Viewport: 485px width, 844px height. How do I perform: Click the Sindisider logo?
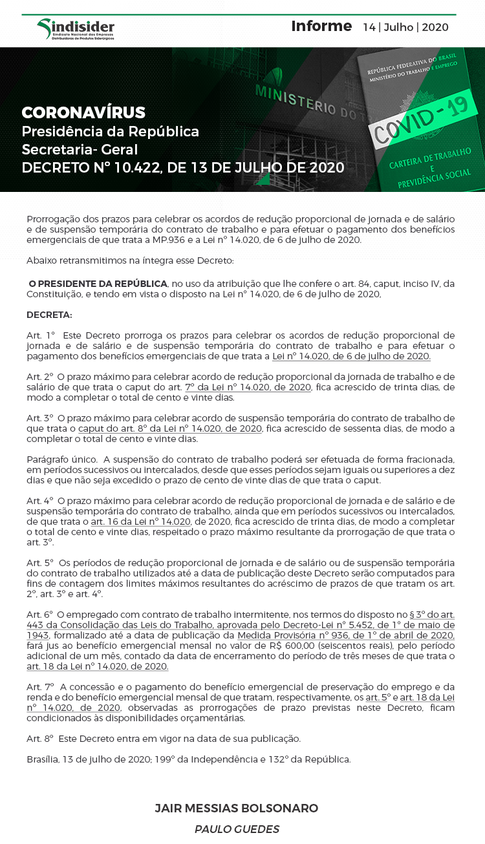tap(76, 29)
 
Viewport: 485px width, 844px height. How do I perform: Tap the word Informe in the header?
tap(321, 26)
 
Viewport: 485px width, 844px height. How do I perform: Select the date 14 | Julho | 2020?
tap(405, 27)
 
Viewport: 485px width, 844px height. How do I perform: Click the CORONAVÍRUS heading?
tap(83, 112)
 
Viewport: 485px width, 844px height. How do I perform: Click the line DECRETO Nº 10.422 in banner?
tap(183, 168)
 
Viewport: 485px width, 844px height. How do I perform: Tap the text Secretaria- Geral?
tap(80, 150)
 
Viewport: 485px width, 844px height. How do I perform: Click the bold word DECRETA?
tap(50, 315)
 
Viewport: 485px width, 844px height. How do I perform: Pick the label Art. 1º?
tap(41, 335)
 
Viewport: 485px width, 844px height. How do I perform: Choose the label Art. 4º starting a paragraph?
tap(40, 501)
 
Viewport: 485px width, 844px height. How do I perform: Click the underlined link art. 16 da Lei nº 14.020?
tap(140, 522)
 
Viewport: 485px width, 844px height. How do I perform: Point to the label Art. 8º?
tap(40, 739)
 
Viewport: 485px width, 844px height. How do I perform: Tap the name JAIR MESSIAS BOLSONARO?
tap(237, 808)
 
